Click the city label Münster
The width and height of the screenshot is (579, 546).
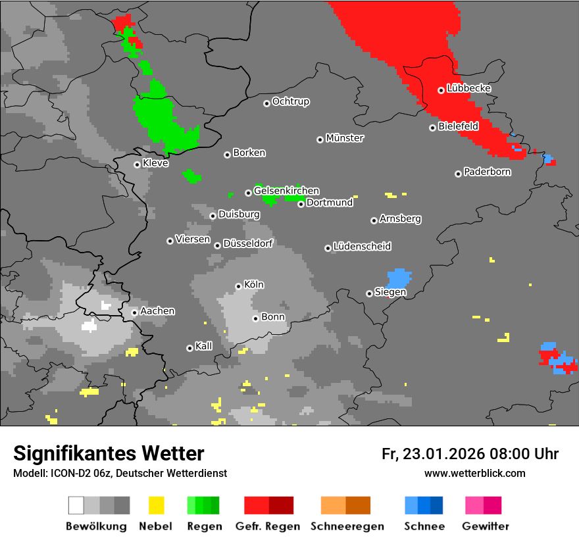(345, 138)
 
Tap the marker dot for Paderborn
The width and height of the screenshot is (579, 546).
(458, 174)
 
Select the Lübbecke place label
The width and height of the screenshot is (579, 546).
(468, 88)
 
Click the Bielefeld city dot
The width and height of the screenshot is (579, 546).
(432, 128)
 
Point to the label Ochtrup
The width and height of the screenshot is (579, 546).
(290, 102)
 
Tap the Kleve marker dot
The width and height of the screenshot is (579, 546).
(137, 164)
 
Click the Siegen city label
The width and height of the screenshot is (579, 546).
(390, 292)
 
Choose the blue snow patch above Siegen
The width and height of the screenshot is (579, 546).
(399, 277)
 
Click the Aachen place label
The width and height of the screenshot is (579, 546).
(157, 310)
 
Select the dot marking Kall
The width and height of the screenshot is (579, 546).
(189, 348)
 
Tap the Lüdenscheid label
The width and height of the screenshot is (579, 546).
(362, 247)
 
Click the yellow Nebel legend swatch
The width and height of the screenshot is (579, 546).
(156, 505)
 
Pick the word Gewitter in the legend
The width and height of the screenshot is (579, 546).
(486, 526)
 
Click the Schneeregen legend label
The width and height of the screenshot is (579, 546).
(345, 526)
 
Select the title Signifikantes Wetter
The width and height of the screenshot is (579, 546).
(109, 453)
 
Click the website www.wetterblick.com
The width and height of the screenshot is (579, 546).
(474, 473)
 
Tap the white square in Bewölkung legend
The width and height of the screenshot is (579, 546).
(76, 505)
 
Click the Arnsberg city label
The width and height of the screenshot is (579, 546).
(400, 218)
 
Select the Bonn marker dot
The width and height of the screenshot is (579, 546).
(255, 318)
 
